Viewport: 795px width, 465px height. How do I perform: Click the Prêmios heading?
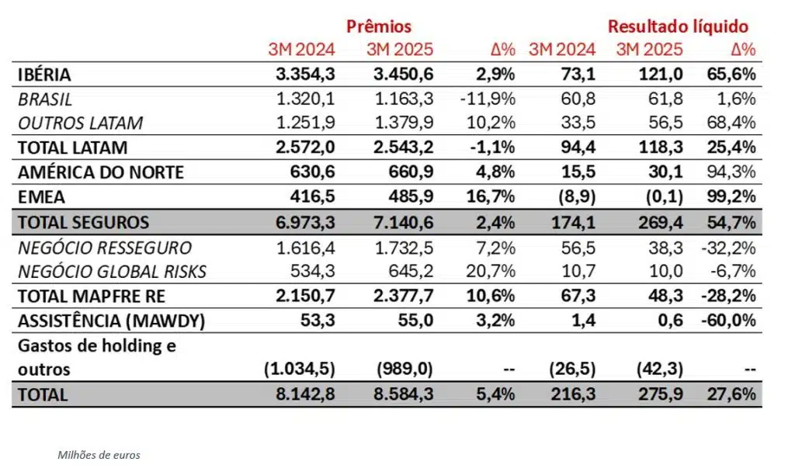click(x=379, y=26)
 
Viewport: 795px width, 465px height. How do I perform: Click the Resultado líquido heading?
click(x=678, y=26)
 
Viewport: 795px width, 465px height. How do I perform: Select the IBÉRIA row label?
click(x=44, y=75)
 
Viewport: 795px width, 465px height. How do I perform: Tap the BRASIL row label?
click(x=45, y=99)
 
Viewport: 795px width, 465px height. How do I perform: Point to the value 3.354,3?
click(x=306, y=75)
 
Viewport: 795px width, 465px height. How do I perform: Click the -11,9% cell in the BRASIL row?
click(x=488, y=99)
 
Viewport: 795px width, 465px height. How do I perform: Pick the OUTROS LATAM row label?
click(x=80, y=123)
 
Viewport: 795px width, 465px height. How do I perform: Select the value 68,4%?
click(x=733, y=123)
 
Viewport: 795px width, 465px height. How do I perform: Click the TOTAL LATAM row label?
click(x=72, y=147)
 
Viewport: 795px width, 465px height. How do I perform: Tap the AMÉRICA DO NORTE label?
click(x=100, y=172)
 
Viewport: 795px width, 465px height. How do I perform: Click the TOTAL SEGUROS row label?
click(x=82, y=223)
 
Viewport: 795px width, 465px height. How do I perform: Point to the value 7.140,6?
click(x=401, y=223)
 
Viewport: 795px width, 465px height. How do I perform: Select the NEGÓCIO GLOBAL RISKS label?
click(x=112, y=272)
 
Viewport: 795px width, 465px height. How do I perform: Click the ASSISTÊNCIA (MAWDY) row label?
click(x=105, y=321)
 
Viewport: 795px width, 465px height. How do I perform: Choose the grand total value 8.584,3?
click(x=401, y=394)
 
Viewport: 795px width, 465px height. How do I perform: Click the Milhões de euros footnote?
click(x=99, y=455)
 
